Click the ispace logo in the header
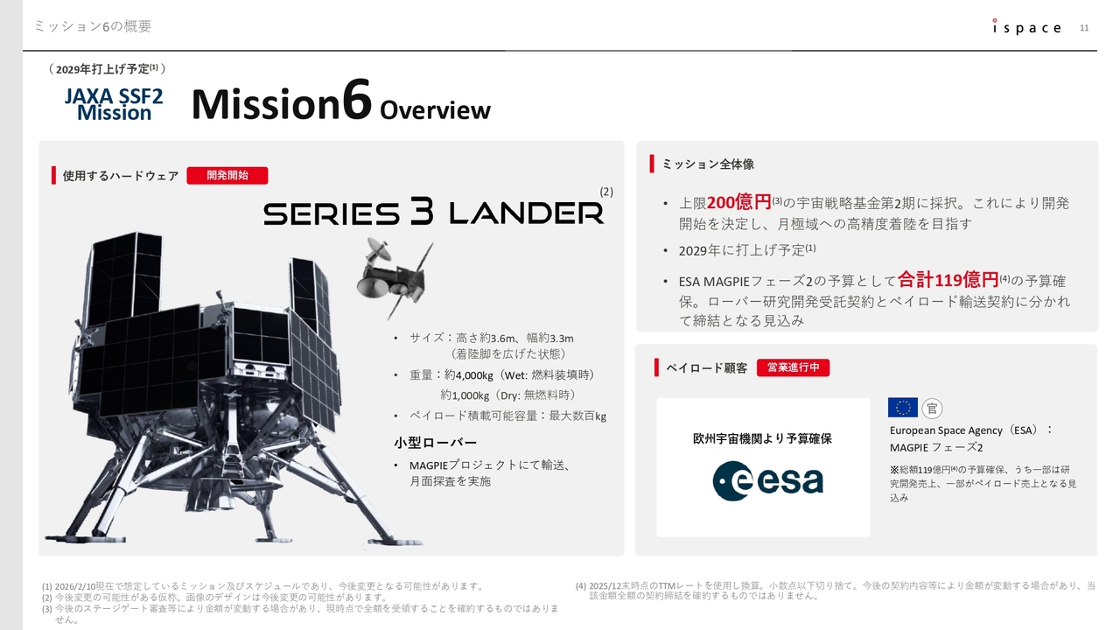click(1026, 27)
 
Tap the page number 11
click(1084, 28)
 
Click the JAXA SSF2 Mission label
click(114, 104)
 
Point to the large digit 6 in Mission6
click(356, 99)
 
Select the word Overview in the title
click(435, 110)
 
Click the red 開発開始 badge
click(227, 176)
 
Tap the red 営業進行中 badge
click(793, 367)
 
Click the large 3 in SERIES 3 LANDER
click(423, 211)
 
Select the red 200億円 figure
click(738, 202)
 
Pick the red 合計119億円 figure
click(948, 279)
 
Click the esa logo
click(768, 480)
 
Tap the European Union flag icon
click(902, 408)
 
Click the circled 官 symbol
click(932, 409)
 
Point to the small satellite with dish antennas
click(393, 276)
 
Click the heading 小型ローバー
click(435, 443)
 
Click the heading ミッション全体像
click(708, 164)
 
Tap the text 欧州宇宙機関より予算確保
click(762, 438)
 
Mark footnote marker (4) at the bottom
click(580, 585)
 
